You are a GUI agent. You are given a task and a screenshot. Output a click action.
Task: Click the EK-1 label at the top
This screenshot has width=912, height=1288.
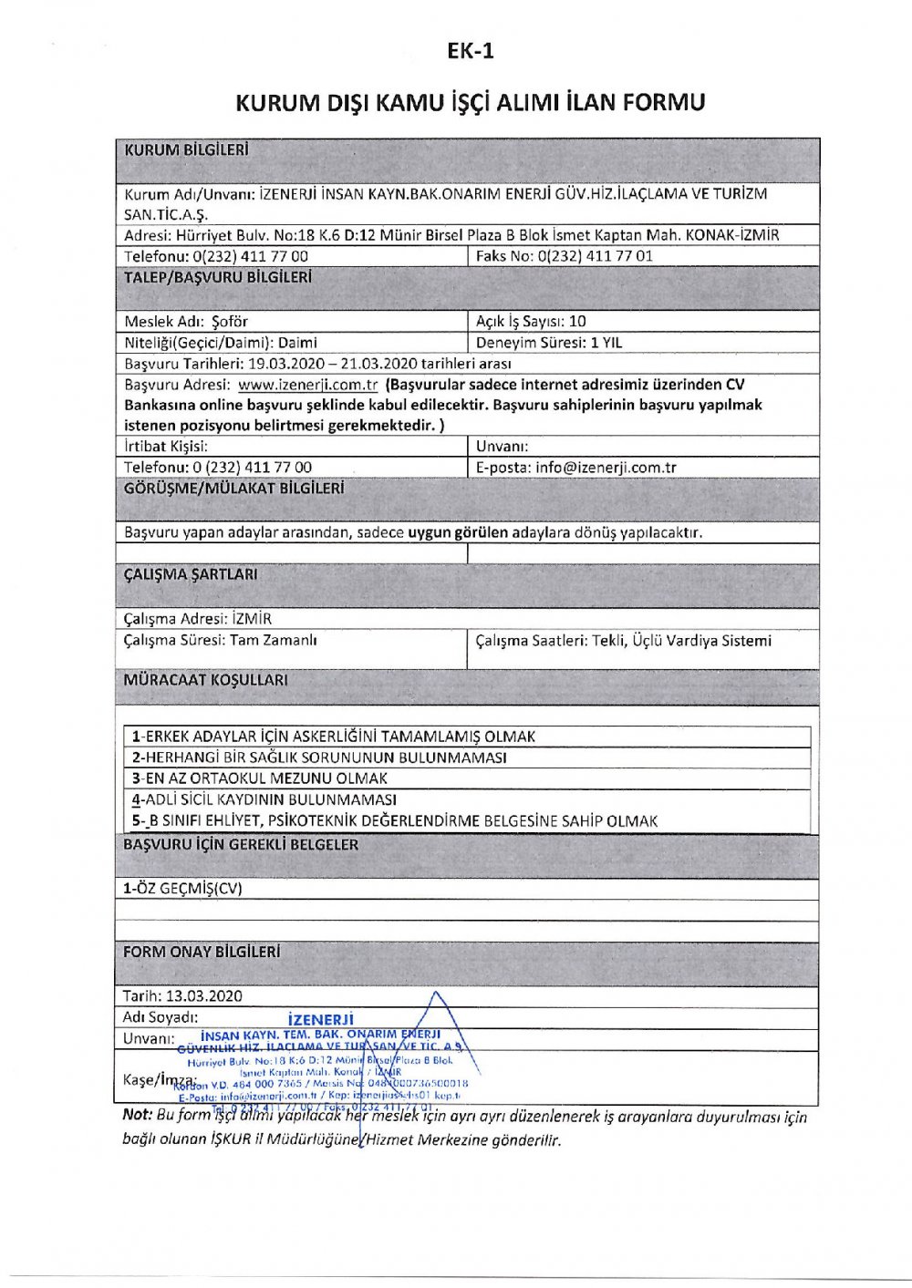[471, 51]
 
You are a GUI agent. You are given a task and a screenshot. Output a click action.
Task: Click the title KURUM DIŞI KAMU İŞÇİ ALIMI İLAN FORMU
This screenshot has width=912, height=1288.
[471, 102]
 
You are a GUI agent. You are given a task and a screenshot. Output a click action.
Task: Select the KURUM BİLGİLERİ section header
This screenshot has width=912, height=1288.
[186, 150]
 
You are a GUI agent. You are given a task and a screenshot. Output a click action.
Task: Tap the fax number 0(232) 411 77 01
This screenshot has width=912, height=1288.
[596, 256]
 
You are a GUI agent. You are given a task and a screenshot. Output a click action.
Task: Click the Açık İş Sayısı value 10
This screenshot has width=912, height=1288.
[577, 321]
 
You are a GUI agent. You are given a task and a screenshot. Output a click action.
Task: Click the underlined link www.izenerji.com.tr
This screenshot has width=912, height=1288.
[307, 385]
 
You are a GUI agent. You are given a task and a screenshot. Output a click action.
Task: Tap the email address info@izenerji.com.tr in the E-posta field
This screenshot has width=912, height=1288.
[606, 468]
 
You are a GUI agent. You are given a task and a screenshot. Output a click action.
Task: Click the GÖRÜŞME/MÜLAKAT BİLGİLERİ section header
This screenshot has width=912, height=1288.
[233, 489]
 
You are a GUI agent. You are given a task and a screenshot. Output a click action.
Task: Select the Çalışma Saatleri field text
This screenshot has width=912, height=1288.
[623, 641]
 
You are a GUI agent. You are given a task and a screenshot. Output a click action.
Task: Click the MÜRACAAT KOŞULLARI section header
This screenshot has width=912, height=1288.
[205, 680]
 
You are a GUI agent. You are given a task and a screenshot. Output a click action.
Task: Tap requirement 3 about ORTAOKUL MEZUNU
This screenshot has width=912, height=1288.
[260, 778]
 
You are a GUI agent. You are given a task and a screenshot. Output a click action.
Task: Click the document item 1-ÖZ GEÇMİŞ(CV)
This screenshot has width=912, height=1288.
[182, 889]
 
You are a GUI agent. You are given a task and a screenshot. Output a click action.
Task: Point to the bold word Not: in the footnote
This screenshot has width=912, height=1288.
[137, 1115]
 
